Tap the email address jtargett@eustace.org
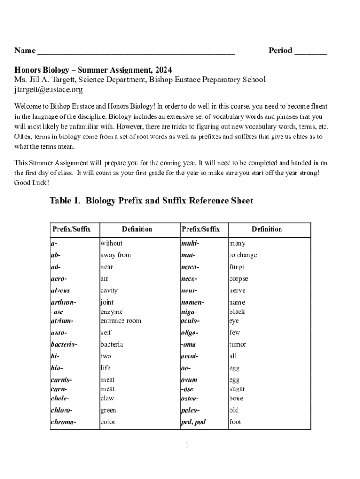[x=49, y=89]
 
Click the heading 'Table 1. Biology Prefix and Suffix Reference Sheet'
[x=151, y=201]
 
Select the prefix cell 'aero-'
[x=59, y=279]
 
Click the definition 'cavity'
[x=109, y=290]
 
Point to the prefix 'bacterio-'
[x=64, y=344]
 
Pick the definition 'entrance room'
[x=121, y=321]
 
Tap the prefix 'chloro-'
[x=62, y=410]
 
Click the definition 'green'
[x=108, y=410]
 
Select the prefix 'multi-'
[x=190, y=243]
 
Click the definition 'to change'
[x=243, y=255]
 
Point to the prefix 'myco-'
[x=190, y=267]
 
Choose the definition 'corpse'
[x=238, y=279]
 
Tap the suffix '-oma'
[x=188, y=344]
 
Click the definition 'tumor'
[x=238, y=344]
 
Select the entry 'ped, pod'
[x=193, y=422]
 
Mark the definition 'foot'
[x=235, y=422]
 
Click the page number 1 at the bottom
[x=187, y=445]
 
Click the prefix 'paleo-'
[x=190, y=410]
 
